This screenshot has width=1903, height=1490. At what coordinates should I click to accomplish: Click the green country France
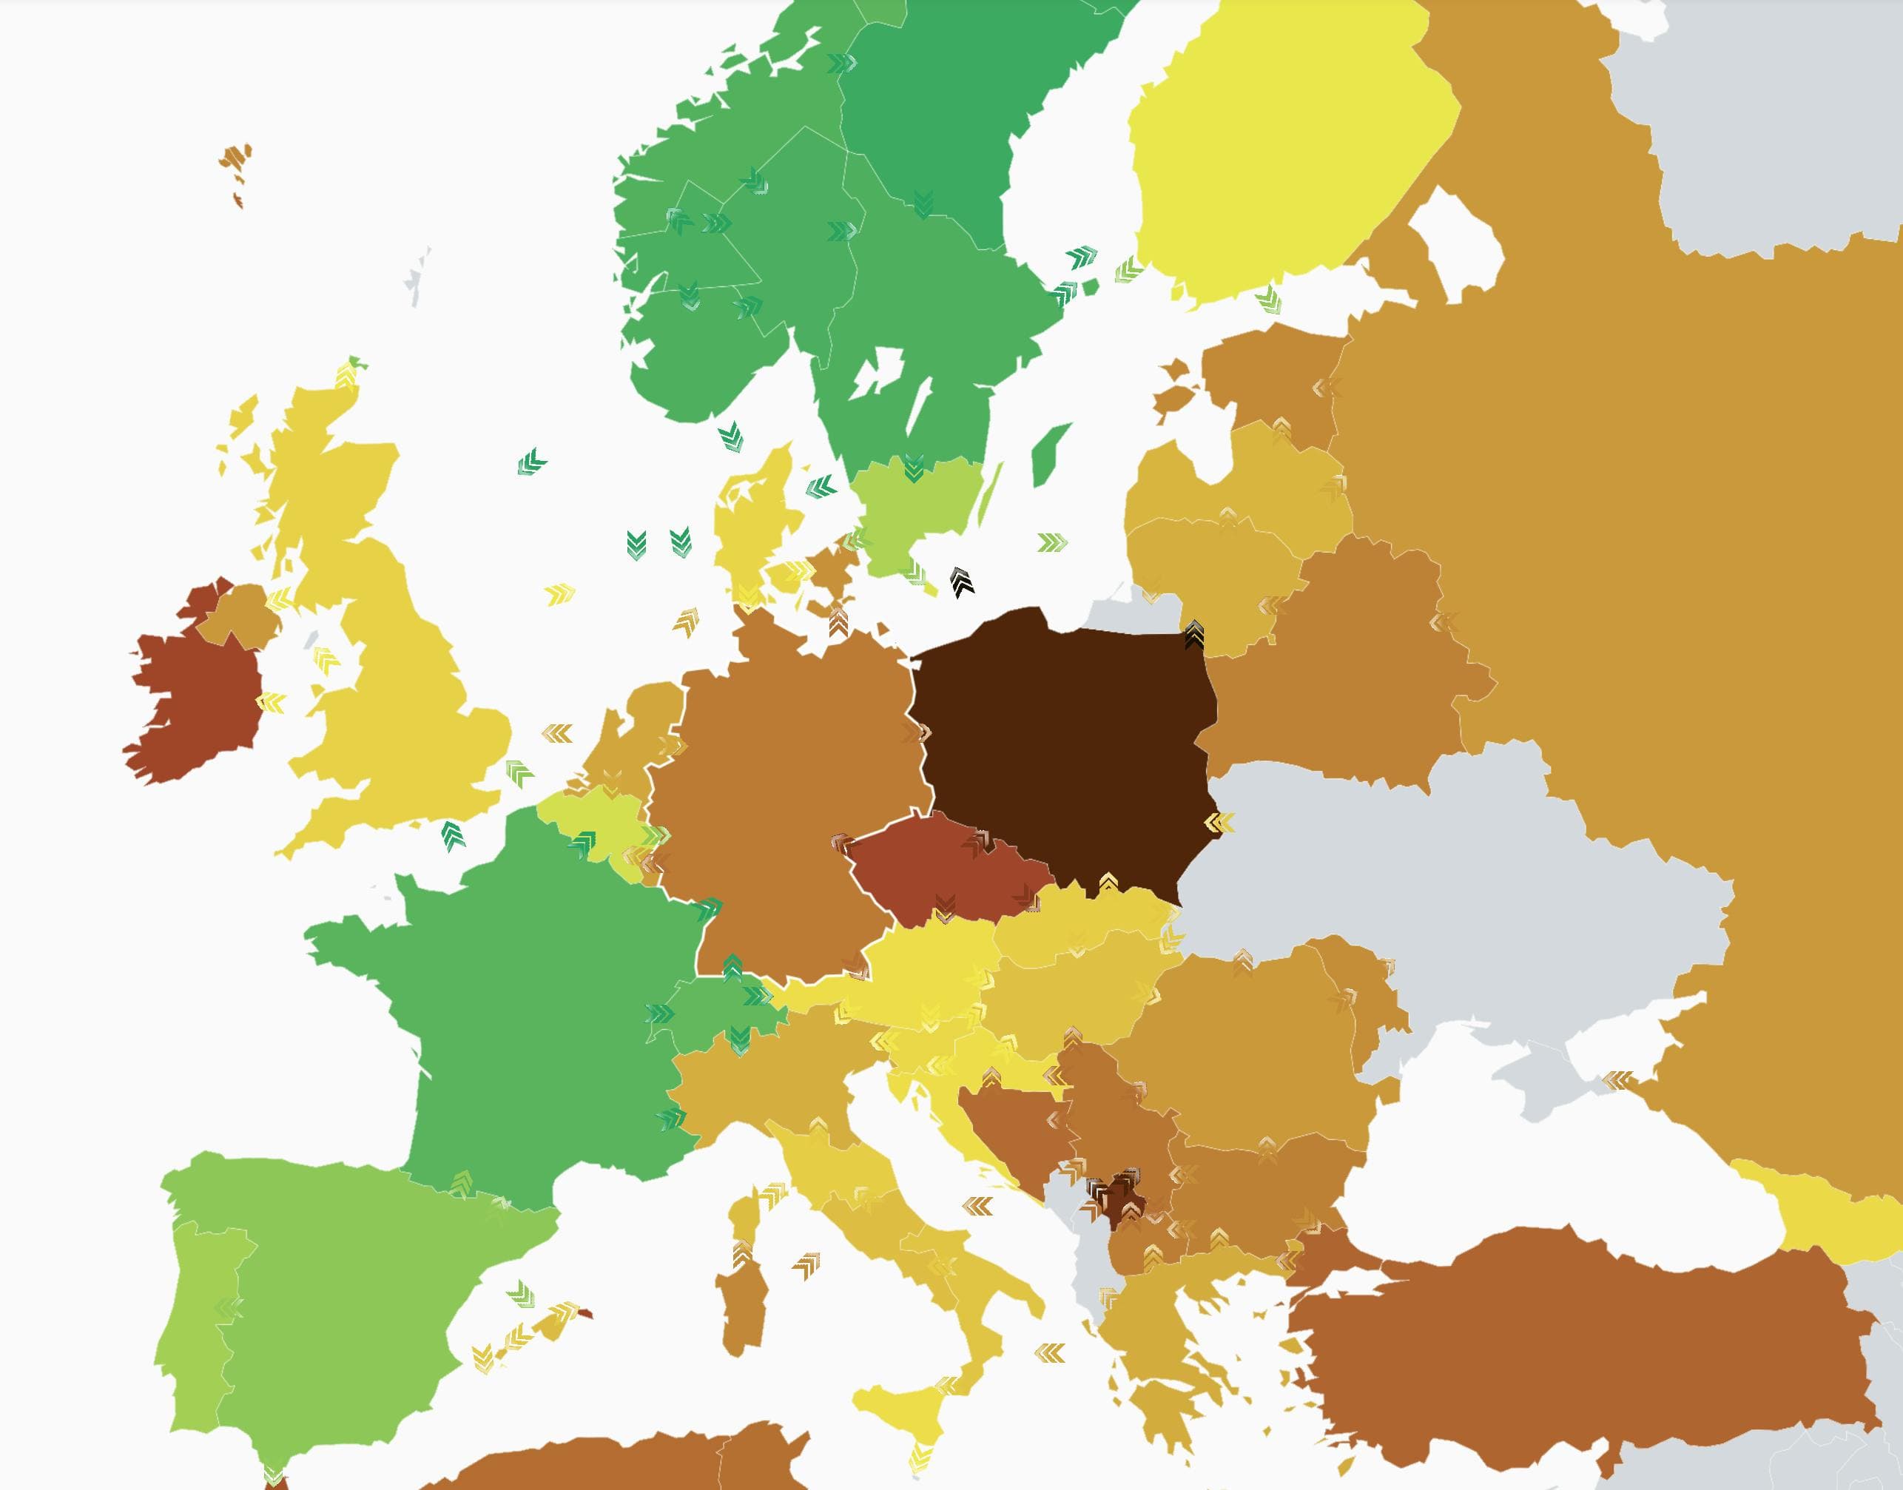[x=515, y=1003]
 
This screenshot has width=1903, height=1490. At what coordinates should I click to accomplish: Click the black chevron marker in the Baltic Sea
[x=962, y=581]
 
